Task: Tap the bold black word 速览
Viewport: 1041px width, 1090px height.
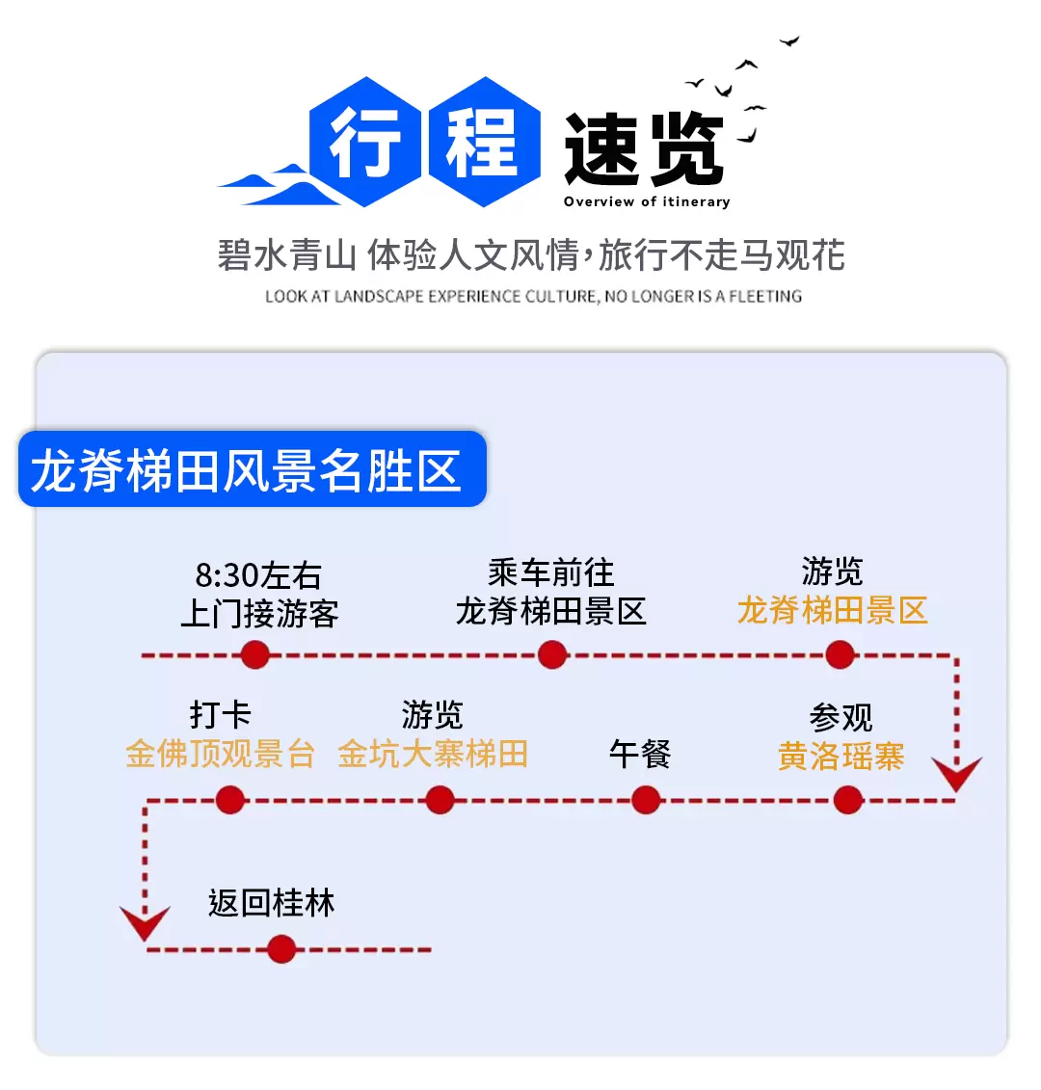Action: [x=644, y=148]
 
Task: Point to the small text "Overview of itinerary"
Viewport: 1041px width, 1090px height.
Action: [x=647, y=201]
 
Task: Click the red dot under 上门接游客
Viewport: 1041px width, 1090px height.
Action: [x=255, y=655]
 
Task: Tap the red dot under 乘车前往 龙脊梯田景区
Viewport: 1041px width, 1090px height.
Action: [x=552, y=655]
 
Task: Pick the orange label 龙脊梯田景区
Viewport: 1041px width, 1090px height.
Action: [x=832, y=610]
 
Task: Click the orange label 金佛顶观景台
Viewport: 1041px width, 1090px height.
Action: [x=220, y=754]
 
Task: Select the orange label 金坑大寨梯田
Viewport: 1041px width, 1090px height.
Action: [x=433, y=754]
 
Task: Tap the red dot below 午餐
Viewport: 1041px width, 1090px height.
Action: [x=646, y=799]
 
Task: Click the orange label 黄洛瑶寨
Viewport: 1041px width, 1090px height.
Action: [x=841, y=757]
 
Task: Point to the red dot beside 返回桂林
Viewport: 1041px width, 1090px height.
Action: [x=281, y=949]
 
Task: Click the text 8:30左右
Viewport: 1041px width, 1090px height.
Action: [x=258, y=575]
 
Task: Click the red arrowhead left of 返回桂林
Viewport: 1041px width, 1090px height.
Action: [x=146, y=922]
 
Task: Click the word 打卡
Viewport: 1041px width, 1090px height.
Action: [x=220, y=715]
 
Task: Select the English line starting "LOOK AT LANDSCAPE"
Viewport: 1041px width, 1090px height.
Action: [x=533, y=296]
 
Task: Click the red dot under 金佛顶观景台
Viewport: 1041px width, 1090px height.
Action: [x=230, y=799]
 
